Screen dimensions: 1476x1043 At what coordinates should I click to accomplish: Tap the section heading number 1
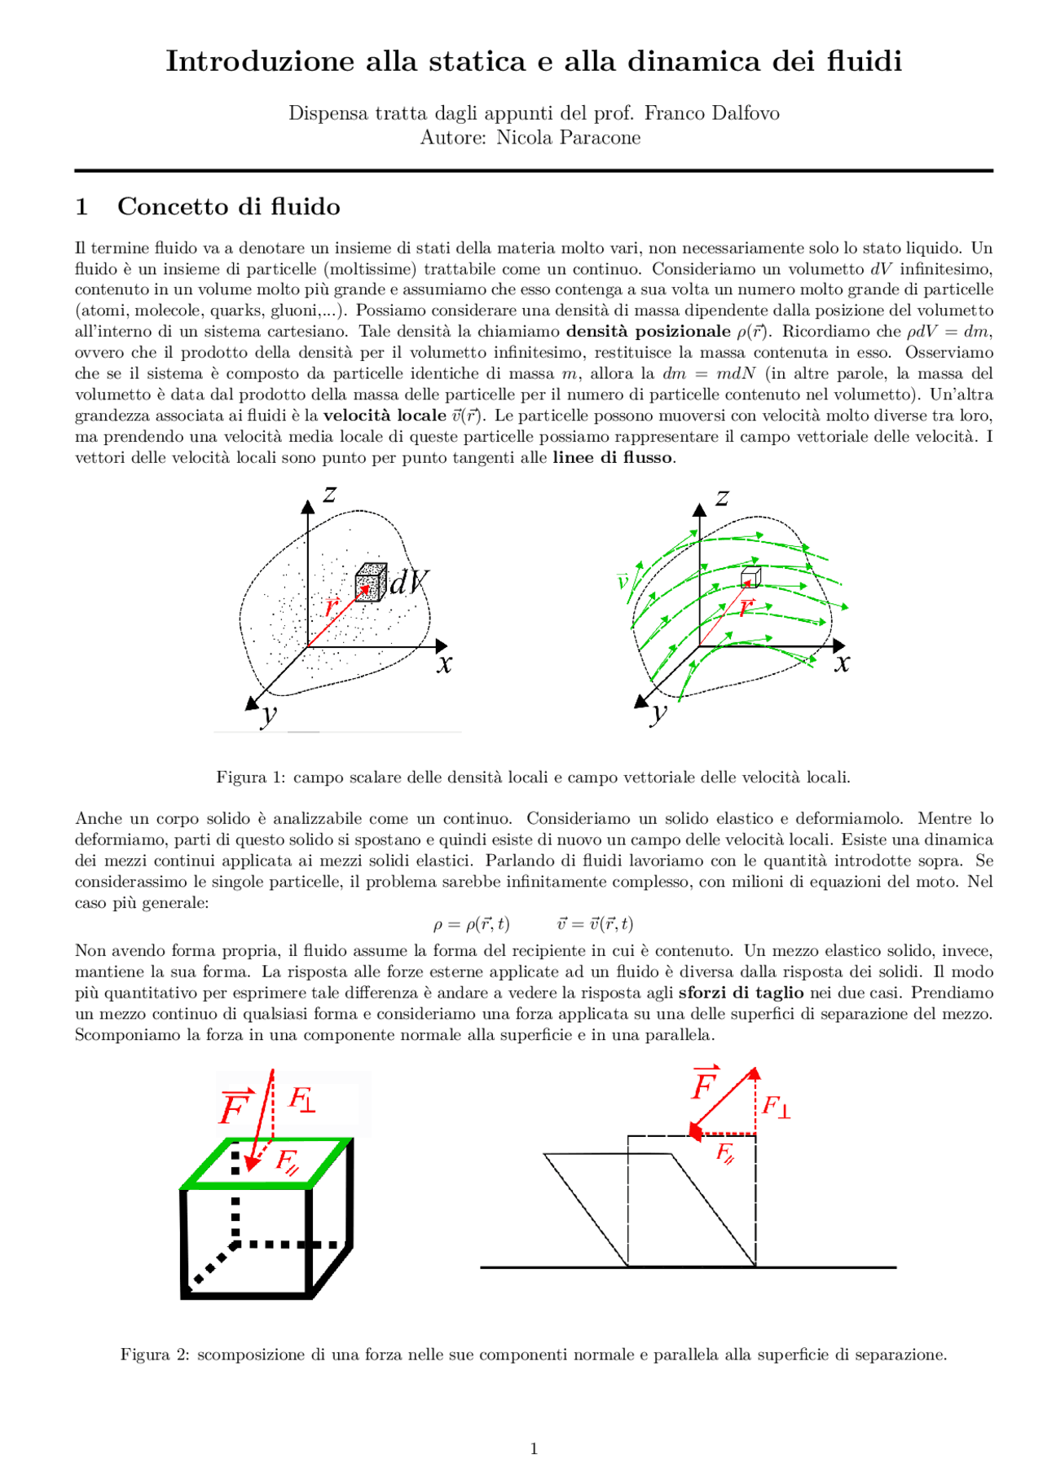81,207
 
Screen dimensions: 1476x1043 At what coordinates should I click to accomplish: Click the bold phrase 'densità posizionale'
648,331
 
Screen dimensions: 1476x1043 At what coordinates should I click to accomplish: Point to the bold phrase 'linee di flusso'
613,457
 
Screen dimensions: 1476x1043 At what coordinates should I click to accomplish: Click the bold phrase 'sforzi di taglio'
741,993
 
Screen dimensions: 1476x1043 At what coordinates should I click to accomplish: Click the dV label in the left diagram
408,582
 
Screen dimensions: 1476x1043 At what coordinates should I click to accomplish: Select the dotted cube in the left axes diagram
371,581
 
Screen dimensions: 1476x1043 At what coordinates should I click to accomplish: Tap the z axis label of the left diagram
329,494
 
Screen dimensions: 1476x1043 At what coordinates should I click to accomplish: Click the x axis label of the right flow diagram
842,663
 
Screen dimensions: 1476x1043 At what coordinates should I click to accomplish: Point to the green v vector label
623,581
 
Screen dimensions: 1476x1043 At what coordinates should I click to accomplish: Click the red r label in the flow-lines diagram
746,607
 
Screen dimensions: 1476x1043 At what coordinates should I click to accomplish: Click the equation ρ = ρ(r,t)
471,923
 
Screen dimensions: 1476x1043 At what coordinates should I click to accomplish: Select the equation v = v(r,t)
595,923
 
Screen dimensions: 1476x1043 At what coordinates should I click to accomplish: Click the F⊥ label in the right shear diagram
775,1107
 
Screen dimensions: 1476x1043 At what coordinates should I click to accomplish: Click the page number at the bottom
534,1448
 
